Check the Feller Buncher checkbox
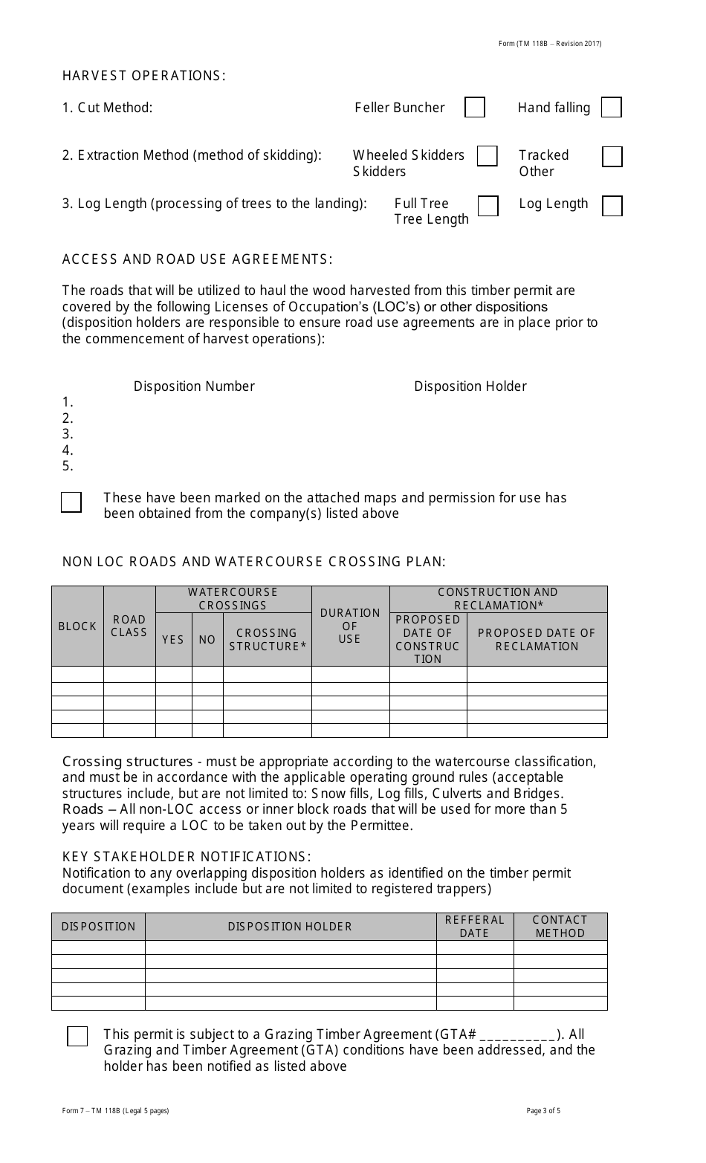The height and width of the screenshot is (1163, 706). (475, 108)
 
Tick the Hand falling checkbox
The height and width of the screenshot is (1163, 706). (611, 108)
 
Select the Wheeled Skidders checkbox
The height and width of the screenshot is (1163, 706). (487, 156)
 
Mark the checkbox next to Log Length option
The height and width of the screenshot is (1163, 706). (612, 206)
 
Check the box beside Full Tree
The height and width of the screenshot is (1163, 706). (488, 206)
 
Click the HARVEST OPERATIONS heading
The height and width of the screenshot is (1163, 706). (143, 76)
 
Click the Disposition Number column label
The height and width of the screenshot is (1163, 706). (194, 386)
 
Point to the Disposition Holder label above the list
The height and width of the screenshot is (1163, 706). (470, 386)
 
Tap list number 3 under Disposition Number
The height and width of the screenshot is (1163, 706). (68, 434)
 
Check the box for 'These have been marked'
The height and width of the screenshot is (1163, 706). (71, 502)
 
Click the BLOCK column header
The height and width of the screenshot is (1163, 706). (77, 626)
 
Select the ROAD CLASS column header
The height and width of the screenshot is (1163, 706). (129, 626)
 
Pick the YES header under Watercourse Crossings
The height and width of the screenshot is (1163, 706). (173, 640)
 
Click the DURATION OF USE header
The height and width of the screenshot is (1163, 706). (350, 626)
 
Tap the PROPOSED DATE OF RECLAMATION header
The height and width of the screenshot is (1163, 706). (537, 640)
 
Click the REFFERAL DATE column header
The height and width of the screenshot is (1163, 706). (474, 927)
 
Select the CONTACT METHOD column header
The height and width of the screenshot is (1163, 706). (560, 927)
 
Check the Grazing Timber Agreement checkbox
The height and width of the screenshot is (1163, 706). (77, 1037)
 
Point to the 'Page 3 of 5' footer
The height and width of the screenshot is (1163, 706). (543, 1111)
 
